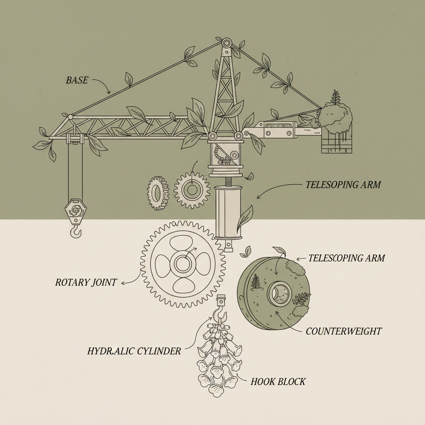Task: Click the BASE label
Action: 77,80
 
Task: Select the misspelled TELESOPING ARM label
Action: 343,185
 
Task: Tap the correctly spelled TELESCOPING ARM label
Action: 347,258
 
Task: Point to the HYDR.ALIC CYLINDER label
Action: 134,351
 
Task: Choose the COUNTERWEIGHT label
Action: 344,331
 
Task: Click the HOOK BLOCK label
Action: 278,381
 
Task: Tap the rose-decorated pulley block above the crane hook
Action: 75,211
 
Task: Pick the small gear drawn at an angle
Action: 157,193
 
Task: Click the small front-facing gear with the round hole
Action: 191,190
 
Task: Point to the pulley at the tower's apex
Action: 226,43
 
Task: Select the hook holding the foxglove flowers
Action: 220,313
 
